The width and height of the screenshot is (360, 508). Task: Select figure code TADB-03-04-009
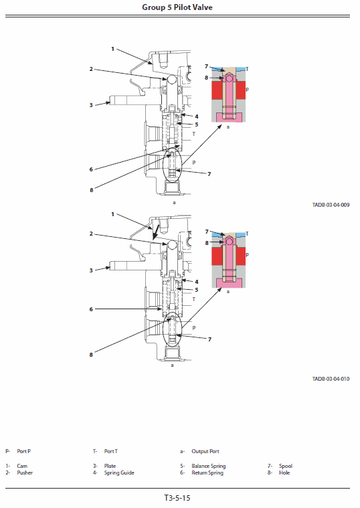tap(331, 205)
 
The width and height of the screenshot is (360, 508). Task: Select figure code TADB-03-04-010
tap(331, 379)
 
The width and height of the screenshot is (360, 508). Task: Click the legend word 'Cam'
tap(21, 466)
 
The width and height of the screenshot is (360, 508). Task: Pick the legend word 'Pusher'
tap(25, 473)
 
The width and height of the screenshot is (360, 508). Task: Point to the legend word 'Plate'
tap(110, 466)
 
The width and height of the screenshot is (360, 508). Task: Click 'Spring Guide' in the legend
tap(119, 473)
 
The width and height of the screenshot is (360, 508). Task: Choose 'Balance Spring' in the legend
tap(208, 466)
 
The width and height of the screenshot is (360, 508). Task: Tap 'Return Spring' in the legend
tap(207, 473)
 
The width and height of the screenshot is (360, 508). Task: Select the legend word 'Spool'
tap(286, 466)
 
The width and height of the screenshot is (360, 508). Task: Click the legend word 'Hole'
tap(284, 473)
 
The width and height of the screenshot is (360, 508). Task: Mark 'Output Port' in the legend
tap(205, 451)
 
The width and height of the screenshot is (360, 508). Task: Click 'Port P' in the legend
tap(24, 451)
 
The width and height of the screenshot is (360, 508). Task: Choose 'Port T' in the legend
tap(111, 451)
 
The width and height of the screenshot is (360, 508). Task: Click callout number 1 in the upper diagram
tap(112, 48)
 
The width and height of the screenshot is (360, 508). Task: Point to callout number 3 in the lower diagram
tap(90, 270)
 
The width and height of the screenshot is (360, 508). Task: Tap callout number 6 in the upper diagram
tap(90, 169)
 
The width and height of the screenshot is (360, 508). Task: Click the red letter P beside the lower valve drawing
tap(193, 327)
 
